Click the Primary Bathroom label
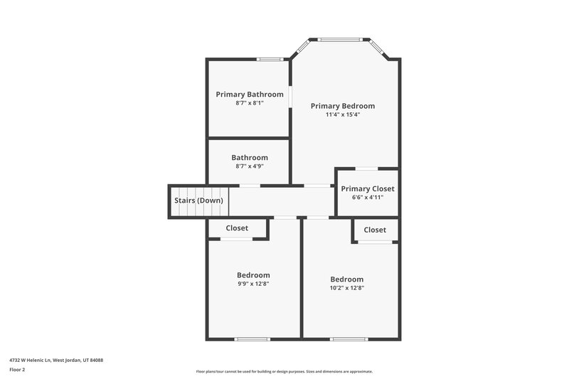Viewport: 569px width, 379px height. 250,94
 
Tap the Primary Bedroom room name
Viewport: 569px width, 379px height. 343,106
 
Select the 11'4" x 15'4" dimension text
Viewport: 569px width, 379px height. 343,114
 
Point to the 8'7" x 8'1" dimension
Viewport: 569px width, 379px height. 250,103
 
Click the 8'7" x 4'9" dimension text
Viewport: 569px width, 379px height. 250,166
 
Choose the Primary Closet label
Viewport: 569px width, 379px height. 368,188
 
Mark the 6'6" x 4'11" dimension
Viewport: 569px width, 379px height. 368,197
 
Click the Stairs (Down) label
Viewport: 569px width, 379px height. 199,201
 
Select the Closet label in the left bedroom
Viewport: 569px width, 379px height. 237,228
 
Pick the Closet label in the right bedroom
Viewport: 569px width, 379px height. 375,230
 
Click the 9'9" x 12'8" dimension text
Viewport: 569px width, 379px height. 253,284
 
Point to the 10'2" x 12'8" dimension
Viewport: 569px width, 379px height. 346,288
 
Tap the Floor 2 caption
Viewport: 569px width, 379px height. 17,370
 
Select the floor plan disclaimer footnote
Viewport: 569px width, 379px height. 284,372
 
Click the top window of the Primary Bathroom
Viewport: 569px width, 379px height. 267,59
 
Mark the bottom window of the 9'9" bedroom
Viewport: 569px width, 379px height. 252,338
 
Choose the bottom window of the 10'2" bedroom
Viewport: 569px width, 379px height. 348,338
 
